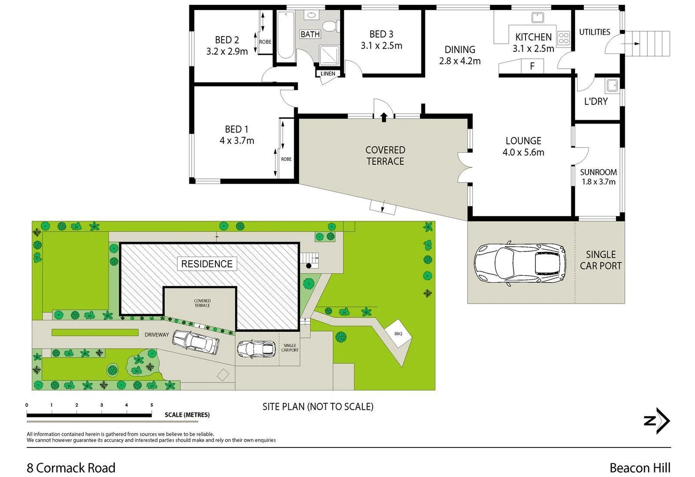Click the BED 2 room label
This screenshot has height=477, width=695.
pyautogui.click(x=227, y=40)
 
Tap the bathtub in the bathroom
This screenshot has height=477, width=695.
pyautogui.click(x=286, y=35)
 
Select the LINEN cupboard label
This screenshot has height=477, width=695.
pyautogui.click(x=328, y=74)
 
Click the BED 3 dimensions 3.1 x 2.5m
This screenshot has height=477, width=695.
pyautogui.click(x=381, y=45)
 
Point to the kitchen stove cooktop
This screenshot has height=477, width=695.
pyautogui.click(x=564, y=38)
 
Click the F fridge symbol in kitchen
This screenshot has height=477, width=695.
pyautogui.click(x=532, y=66)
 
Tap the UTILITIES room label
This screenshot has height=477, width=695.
pyautogui.click(x=594, y=32)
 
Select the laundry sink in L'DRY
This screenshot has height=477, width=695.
pyautogui.click(x=612, y=85)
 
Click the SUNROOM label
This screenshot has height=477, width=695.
pyautogui.click(x=598, y=172)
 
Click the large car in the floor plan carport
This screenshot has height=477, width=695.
pyautogui.click(x=520, y=263)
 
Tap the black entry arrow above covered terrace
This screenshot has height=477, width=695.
pyautogui.click(x=384, y=117)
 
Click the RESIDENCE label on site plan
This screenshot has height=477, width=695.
pyautogui.click(x=207, y=264)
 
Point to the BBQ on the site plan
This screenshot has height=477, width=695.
pyautogui.click(x=398, y=334)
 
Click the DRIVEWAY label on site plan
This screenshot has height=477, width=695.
pyautogui.click(x=157, y=335)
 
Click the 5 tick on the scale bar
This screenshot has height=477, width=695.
pyautogui.click(x=152, y=405)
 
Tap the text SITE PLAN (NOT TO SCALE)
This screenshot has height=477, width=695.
pyautogui.click(x=318, y=406)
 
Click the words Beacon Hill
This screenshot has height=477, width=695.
pyautogui.click(x=640, y=468)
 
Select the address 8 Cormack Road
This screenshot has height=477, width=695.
pyautogui.click(x=71, y=468)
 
